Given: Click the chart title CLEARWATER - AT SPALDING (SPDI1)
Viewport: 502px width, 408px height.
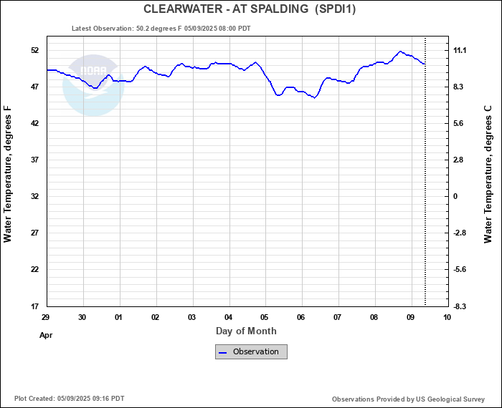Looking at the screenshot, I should tap(250, 9).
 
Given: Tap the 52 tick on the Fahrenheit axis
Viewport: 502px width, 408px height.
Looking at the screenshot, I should tap(34, 50).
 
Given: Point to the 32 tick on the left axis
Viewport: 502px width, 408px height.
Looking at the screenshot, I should tap(34, 196).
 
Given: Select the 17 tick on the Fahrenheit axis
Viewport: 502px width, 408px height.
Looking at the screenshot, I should tap(34, 306).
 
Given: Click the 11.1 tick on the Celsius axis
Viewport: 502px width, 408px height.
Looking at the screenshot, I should tap(460, 50).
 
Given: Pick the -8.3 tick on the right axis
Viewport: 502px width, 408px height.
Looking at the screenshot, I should tap(460, 306).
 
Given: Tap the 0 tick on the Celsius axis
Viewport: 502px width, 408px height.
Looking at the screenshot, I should tap(454, 196).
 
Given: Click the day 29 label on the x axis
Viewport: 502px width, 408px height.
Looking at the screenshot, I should tap(46, 317).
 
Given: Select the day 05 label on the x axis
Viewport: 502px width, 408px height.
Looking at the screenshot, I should tap(265, 317).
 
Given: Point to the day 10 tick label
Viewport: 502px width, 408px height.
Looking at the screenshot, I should tap(447, 317).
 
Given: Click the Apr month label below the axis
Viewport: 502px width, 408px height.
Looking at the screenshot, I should tap(47, 334).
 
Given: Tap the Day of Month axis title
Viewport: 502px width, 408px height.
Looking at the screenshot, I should tap(246, 331).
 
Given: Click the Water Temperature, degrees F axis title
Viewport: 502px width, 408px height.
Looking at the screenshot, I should tap(9, 175).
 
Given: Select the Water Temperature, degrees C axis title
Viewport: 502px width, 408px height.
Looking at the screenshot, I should tap(488, 175).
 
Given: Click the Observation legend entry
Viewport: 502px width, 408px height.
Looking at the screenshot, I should tap(251, 351).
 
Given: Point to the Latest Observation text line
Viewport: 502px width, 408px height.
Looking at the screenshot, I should tap(161, 29).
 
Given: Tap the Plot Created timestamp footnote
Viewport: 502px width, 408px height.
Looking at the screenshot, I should tap(69, 399).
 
